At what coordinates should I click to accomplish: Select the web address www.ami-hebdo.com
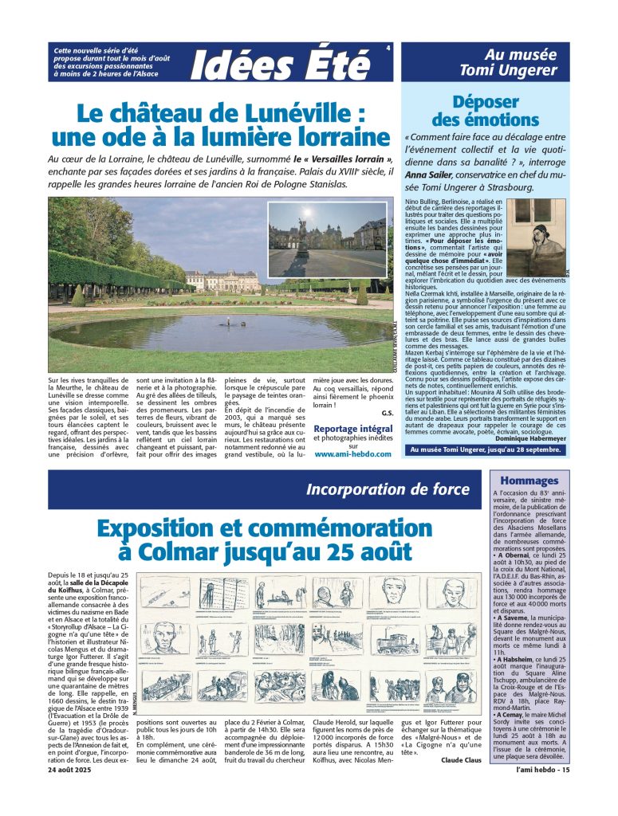352,454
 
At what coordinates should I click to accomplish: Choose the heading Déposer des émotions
496,111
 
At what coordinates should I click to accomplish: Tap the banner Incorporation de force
388,489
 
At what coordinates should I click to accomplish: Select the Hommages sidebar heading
529,481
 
